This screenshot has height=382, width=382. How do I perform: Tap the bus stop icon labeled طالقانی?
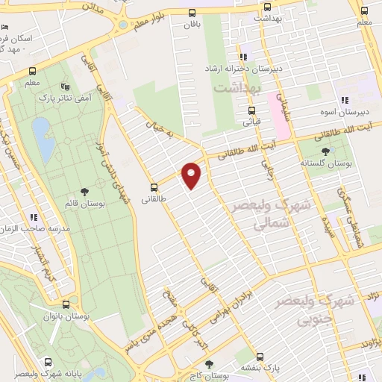click(154, 187)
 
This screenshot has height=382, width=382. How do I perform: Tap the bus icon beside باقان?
click(192, 12)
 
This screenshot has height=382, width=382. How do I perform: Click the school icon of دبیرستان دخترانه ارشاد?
click(242, 57)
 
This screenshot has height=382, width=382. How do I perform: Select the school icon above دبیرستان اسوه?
click(344, 100)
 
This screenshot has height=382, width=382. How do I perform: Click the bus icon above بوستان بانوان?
click(66, 304)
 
